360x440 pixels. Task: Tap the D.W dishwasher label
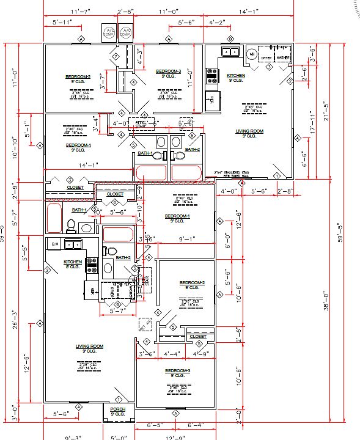point(54,244)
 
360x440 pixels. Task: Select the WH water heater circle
point(251,54)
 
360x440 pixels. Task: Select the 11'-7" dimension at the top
point(81,12)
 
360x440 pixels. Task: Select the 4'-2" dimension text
point(217,23)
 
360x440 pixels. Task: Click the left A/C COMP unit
point(110,32)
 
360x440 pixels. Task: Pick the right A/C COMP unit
point(126,32)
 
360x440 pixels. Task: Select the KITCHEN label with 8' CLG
point(73,264)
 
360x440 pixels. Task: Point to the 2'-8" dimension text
point(285,191)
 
